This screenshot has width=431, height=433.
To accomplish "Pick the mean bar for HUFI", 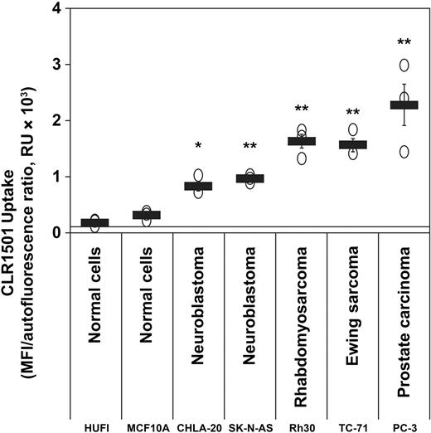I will tap(95, 222).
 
